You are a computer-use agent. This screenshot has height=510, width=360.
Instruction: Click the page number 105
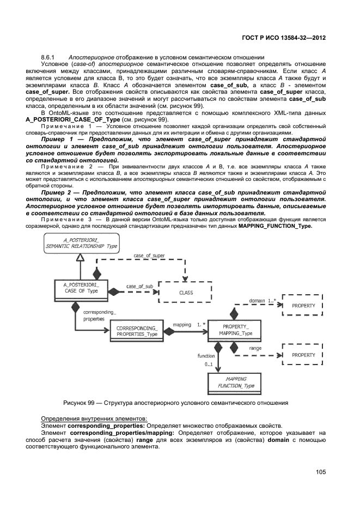(320, 472)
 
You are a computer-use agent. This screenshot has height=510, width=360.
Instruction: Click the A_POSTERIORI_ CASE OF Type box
(80, 287)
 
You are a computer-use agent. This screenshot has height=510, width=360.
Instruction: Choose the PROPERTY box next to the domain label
(303, 306)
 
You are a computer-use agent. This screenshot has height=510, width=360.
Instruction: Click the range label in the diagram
(255, 347)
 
